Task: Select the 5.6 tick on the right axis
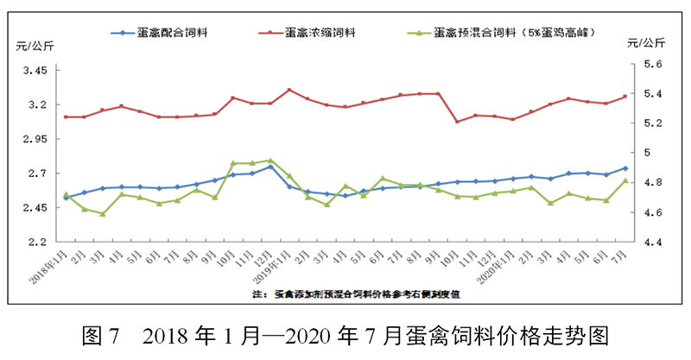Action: pos(651,64)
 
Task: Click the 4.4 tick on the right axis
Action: pos(651,243)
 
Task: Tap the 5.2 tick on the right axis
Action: pos(651,123)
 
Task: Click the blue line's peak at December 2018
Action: pos(270,166)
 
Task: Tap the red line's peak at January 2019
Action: pos(289,90)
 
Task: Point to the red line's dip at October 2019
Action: pos(457,122)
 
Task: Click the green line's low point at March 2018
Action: pos(103,213)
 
